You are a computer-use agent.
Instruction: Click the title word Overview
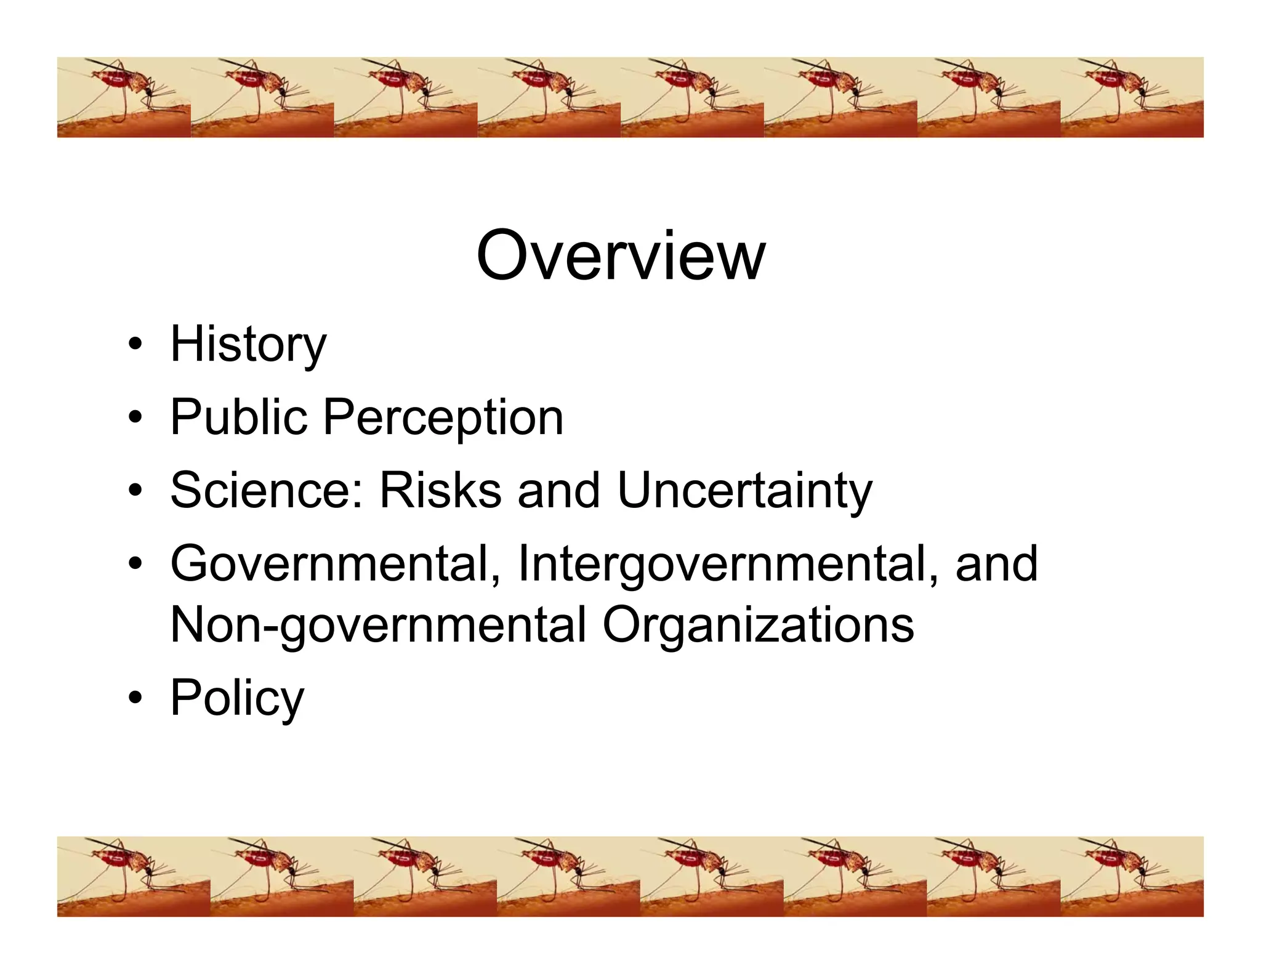point(621,256)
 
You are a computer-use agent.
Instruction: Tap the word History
point(248,345)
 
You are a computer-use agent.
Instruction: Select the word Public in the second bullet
point(238,417)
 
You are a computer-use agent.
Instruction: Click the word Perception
point(443,419)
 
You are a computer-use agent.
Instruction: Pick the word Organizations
point(758,626)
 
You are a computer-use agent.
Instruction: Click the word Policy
point(237,699)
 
